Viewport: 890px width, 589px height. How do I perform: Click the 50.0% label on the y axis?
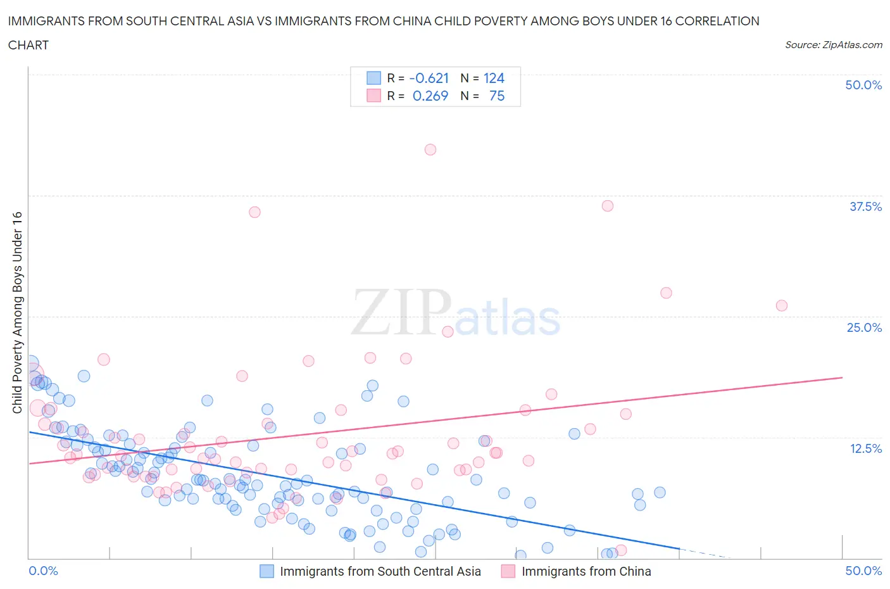click(x=863, y=85)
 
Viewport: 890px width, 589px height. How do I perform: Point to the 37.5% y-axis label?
click(x=865, y=206)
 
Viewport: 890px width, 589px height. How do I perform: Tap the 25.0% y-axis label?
click(x=864, y=327)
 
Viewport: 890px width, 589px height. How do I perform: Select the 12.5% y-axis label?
click(x=865, y=448)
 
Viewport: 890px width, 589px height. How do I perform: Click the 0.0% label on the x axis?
click(x=43, y=571)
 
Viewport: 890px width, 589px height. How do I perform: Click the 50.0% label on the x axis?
click(x=863, y=571)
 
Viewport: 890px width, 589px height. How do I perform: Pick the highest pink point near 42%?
click(x=430, y=149)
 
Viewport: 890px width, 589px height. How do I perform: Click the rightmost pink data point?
click(x=782, y=305)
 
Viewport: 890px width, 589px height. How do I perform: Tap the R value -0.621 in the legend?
click(x=429, y=78)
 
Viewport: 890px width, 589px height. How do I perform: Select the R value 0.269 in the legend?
click(x=430, y=96)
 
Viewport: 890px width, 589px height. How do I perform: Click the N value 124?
click(x=494, y=78)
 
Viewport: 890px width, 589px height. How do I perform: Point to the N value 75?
click(x=497, y=96)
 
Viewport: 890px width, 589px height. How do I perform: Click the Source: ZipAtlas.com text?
click(x=833, y=45)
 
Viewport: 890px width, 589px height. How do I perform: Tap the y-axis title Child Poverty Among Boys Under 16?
click(x=17, y=312)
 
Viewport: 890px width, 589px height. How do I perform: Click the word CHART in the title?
click(x=28, y=45)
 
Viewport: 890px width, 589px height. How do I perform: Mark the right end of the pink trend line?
click(x=843, y=377)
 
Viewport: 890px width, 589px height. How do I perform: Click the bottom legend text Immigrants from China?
click(x=586, y=571)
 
